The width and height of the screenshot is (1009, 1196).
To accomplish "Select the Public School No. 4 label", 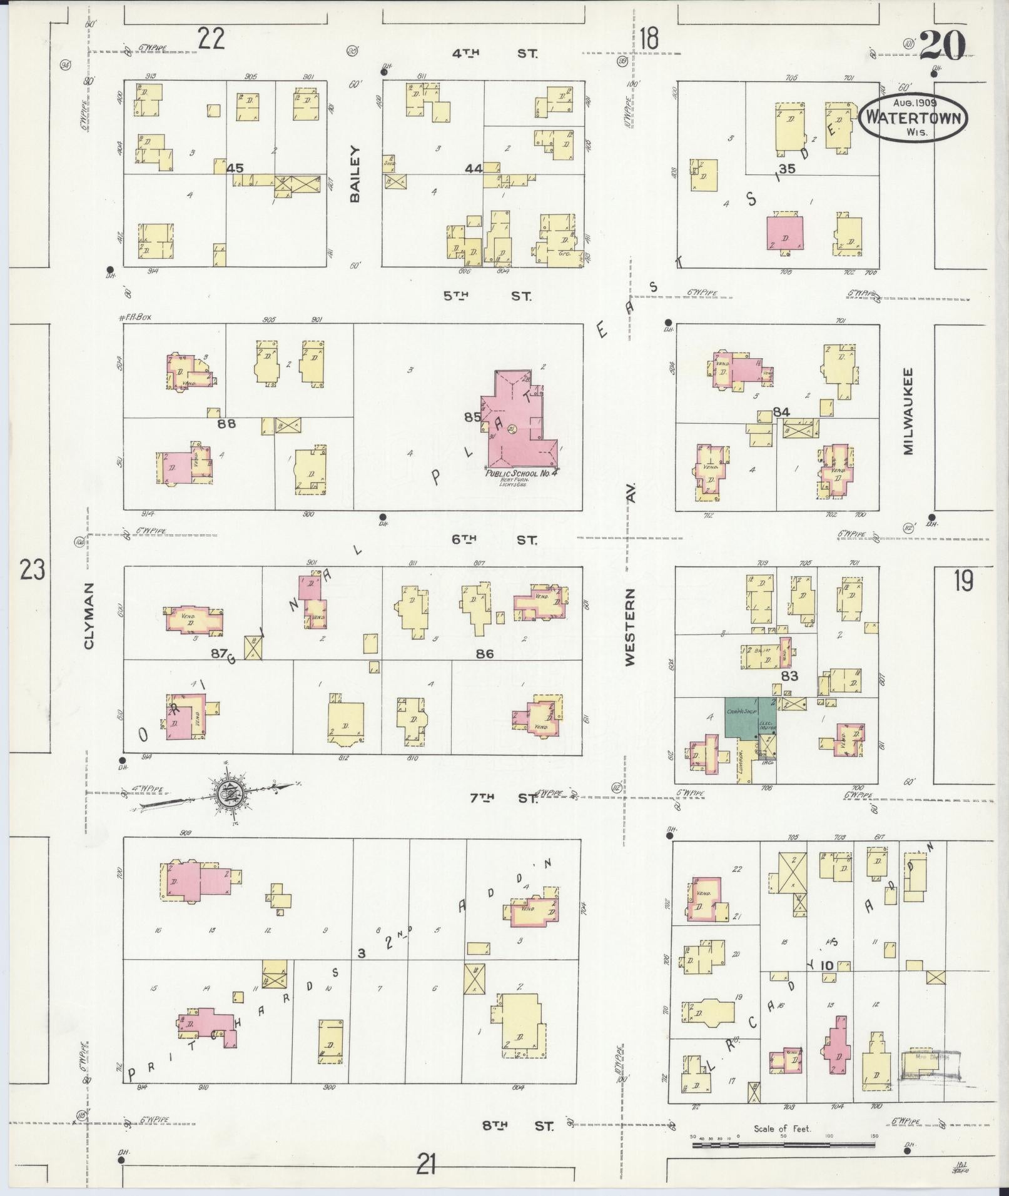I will pyautogui.click(x=522, y=475).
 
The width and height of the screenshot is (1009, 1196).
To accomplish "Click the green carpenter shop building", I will pyautogui.click(x=741, y=716).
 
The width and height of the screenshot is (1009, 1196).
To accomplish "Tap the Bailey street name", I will pyautogui.click(x=355, y=173).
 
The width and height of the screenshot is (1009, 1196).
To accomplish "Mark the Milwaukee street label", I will pyautogui.click(x=908, y=410).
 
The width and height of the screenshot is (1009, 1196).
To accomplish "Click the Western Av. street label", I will pyautogui.click(x=630, y=625).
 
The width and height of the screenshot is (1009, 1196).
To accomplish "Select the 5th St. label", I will pyautogui.click(x=488, y=296).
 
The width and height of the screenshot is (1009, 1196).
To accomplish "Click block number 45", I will pyautogui.click(x=235, y=168).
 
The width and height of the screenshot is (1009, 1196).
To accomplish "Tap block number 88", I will pyautogui.click(x=226, y=423).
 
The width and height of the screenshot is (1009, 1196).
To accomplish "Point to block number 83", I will pyautogui.click(x=789, y=676).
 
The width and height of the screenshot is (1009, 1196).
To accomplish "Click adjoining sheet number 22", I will pyautogui.click(x=211, y=39).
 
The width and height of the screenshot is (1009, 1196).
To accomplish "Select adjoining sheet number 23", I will pyautogui.click(x=32, y=570).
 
